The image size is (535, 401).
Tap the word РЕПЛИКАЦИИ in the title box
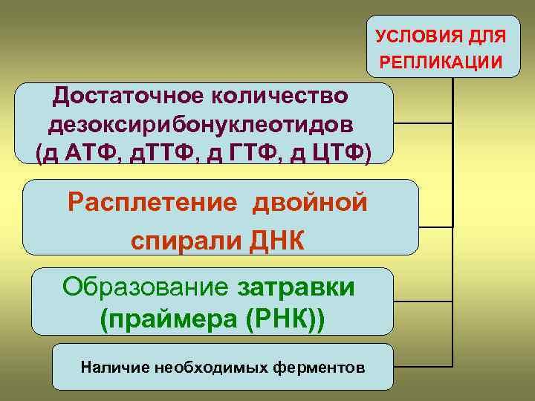pyautogui.click(x=441, y=60)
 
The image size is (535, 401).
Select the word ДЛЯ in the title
pyautogui.click(x=488, y=36)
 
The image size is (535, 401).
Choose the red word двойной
pyautogui.click(x=311, y=202)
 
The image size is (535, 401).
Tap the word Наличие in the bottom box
pyautogui.click(x=111, y=367)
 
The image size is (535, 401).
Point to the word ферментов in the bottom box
pyautogui.click(x=325, y=367)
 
